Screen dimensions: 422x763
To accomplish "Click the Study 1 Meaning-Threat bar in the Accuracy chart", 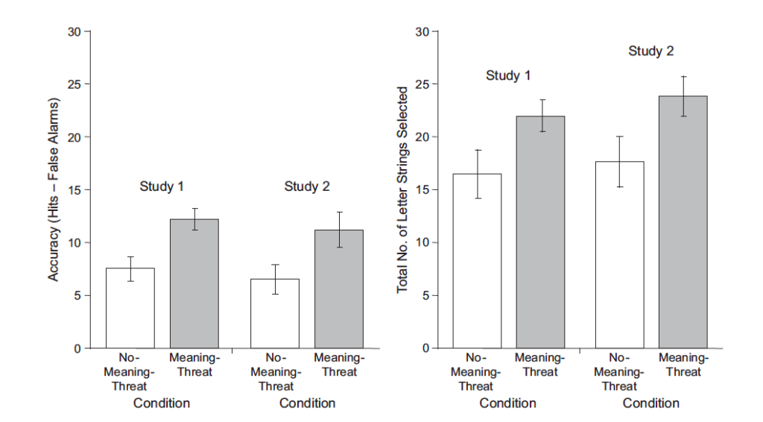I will click(194, 283).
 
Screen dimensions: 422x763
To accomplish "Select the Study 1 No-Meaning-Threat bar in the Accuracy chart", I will click(130, 308).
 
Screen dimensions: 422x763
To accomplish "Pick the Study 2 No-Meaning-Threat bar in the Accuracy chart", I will click(275, 313).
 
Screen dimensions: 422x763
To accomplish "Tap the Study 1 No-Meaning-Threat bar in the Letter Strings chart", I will click(478, 261).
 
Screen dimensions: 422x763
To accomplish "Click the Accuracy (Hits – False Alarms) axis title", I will click(54, 189).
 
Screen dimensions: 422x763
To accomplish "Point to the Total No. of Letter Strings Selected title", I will click(402, 189).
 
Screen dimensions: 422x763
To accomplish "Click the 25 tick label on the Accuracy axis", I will click(74, 84).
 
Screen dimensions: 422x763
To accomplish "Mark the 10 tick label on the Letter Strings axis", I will click(422, 242).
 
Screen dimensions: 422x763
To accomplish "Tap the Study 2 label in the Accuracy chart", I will click(306, 186).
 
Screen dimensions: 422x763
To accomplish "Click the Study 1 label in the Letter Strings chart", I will click(508, 75).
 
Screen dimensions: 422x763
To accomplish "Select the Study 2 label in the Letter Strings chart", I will click(650, 51).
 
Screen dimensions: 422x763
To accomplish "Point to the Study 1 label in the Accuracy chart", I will click(162, 186).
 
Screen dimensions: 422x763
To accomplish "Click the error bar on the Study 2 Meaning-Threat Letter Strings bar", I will click(683, 95).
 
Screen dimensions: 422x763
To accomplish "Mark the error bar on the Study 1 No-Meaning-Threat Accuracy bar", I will click(130, 268).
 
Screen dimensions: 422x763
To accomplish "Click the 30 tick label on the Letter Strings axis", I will click(422, 31).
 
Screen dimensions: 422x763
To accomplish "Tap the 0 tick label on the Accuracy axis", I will click(77, 348).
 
